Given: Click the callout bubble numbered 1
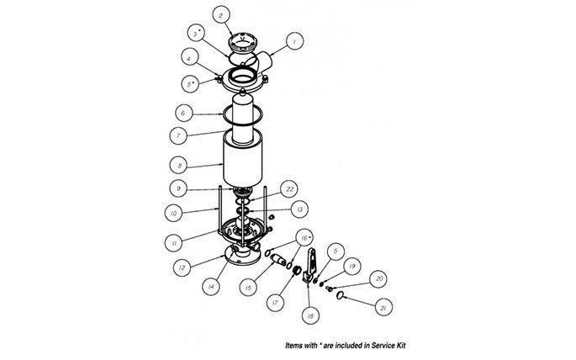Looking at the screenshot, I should [x=293, y=40].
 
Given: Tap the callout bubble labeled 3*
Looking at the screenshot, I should [x=195, y=34].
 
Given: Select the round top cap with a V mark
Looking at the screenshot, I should [x=244, y=42].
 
